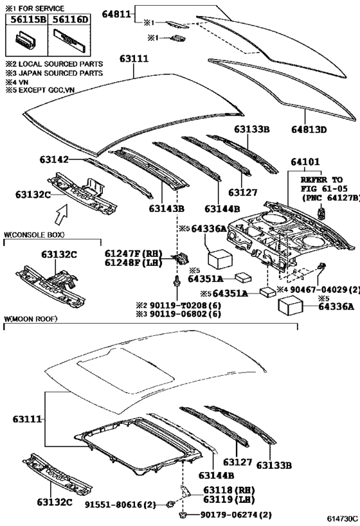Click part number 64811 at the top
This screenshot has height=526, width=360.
(x=116, y=14)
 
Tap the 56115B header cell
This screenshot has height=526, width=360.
(x=27, y=19)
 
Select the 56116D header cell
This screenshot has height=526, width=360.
(x=69, y=19)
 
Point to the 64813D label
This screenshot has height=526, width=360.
(x=309, y=130)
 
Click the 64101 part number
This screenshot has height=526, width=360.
(x=305, y=162)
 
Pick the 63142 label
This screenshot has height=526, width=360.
(x=54, y=159)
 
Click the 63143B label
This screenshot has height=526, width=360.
(x=166, y=209)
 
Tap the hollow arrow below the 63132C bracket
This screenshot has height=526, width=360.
(x=62, y=214)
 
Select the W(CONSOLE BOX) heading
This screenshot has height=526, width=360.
(x=34, y=234)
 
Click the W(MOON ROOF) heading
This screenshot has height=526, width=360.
(x=31, y=319)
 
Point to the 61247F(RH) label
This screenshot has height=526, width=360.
(x=133, y=253)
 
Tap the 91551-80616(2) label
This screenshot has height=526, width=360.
(x=120, y=504)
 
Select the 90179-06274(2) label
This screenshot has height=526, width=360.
(x=236, y=514)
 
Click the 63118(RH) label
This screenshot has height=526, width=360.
(x=229, y=490)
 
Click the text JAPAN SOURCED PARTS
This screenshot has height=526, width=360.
(x=60, y=73)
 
